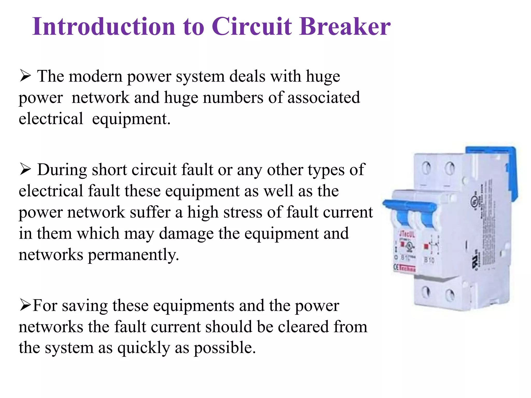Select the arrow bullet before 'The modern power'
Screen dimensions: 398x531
(25, 76)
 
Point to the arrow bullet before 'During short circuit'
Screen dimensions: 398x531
(25, 170)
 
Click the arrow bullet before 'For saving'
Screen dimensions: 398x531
(25, 305)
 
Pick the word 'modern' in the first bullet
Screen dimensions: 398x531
(95, 77)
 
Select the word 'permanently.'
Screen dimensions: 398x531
(133, 255)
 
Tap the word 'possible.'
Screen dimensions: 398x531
(225, 348)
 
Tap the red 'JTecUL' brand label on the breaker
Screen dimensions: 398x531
(407, 235)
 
